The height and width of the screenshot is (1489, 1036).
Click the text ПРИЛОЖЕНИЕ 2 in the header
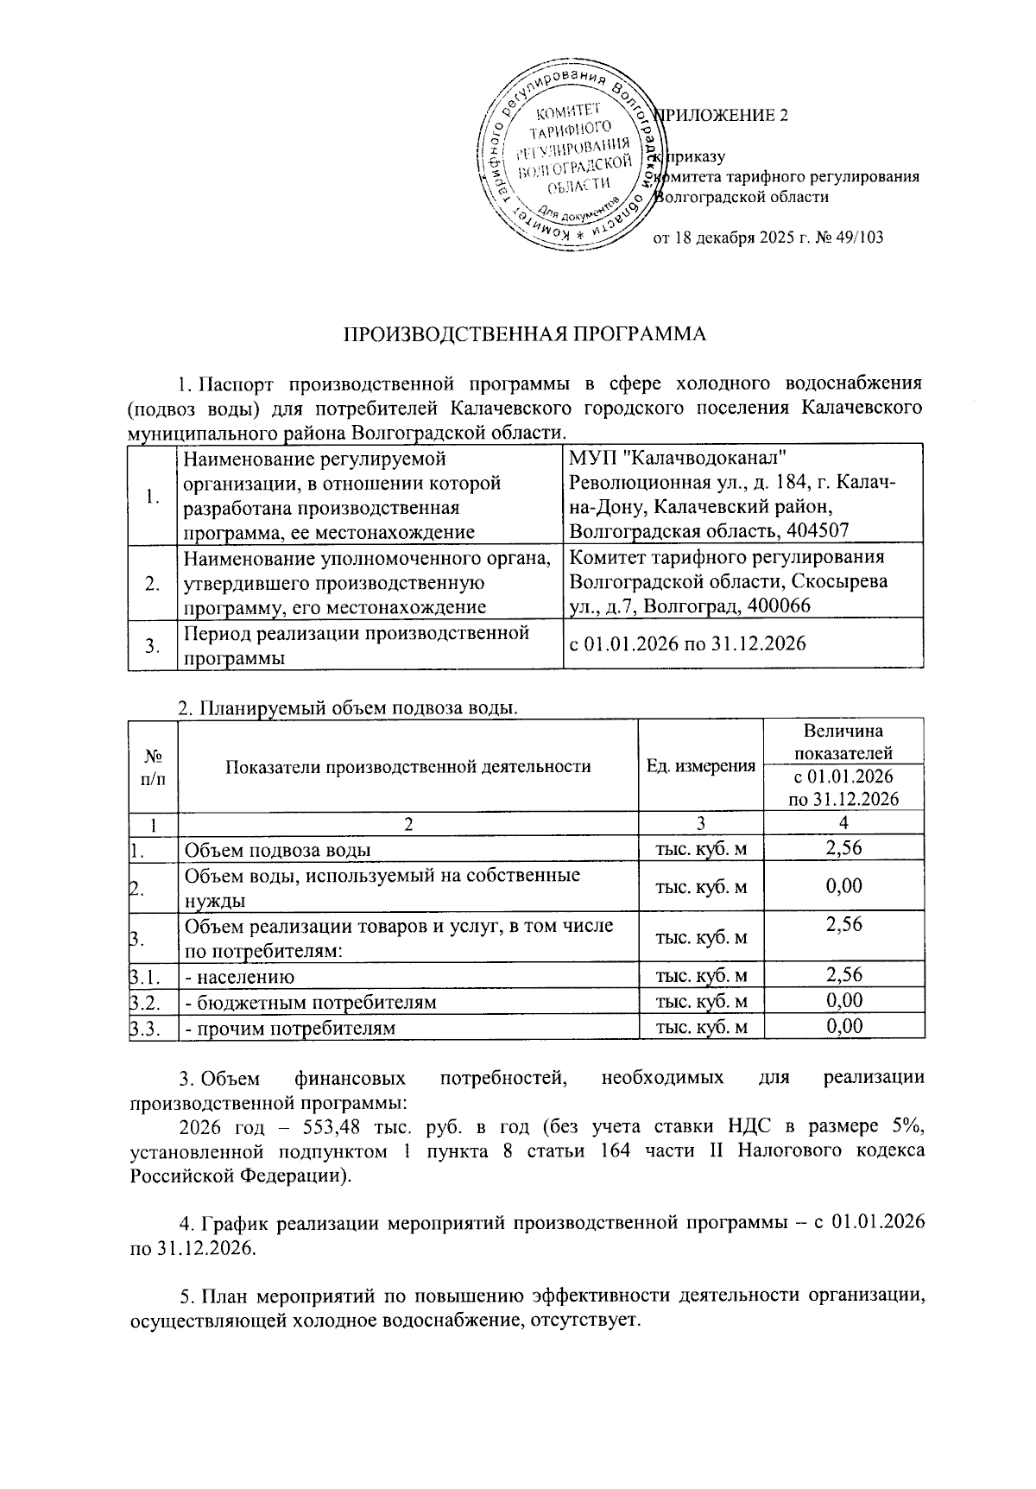pyautogui.click(x=723, y=116)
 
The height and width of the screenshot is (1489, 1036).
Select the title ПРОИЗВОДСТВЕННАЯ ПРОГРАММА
pyautogui.click(x=526, y=335)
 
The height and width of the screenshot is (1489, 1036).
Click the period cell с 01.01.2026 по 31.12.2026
pyautogui.click(x=687, y=643)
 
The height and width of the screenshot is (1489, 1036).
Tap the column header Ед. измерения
pyautogui.click(x=701, y=766)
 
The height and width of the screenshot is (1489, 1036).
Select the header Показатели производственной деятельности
pyautogui.click(x=407, y=766)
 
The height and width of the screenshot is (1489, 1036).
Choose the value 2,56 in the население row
pyautogui.click(x=843, y=976)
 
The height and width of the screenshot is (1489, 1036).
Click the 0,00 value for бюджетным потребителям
pyautogui.click(x=843, y=1001)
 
